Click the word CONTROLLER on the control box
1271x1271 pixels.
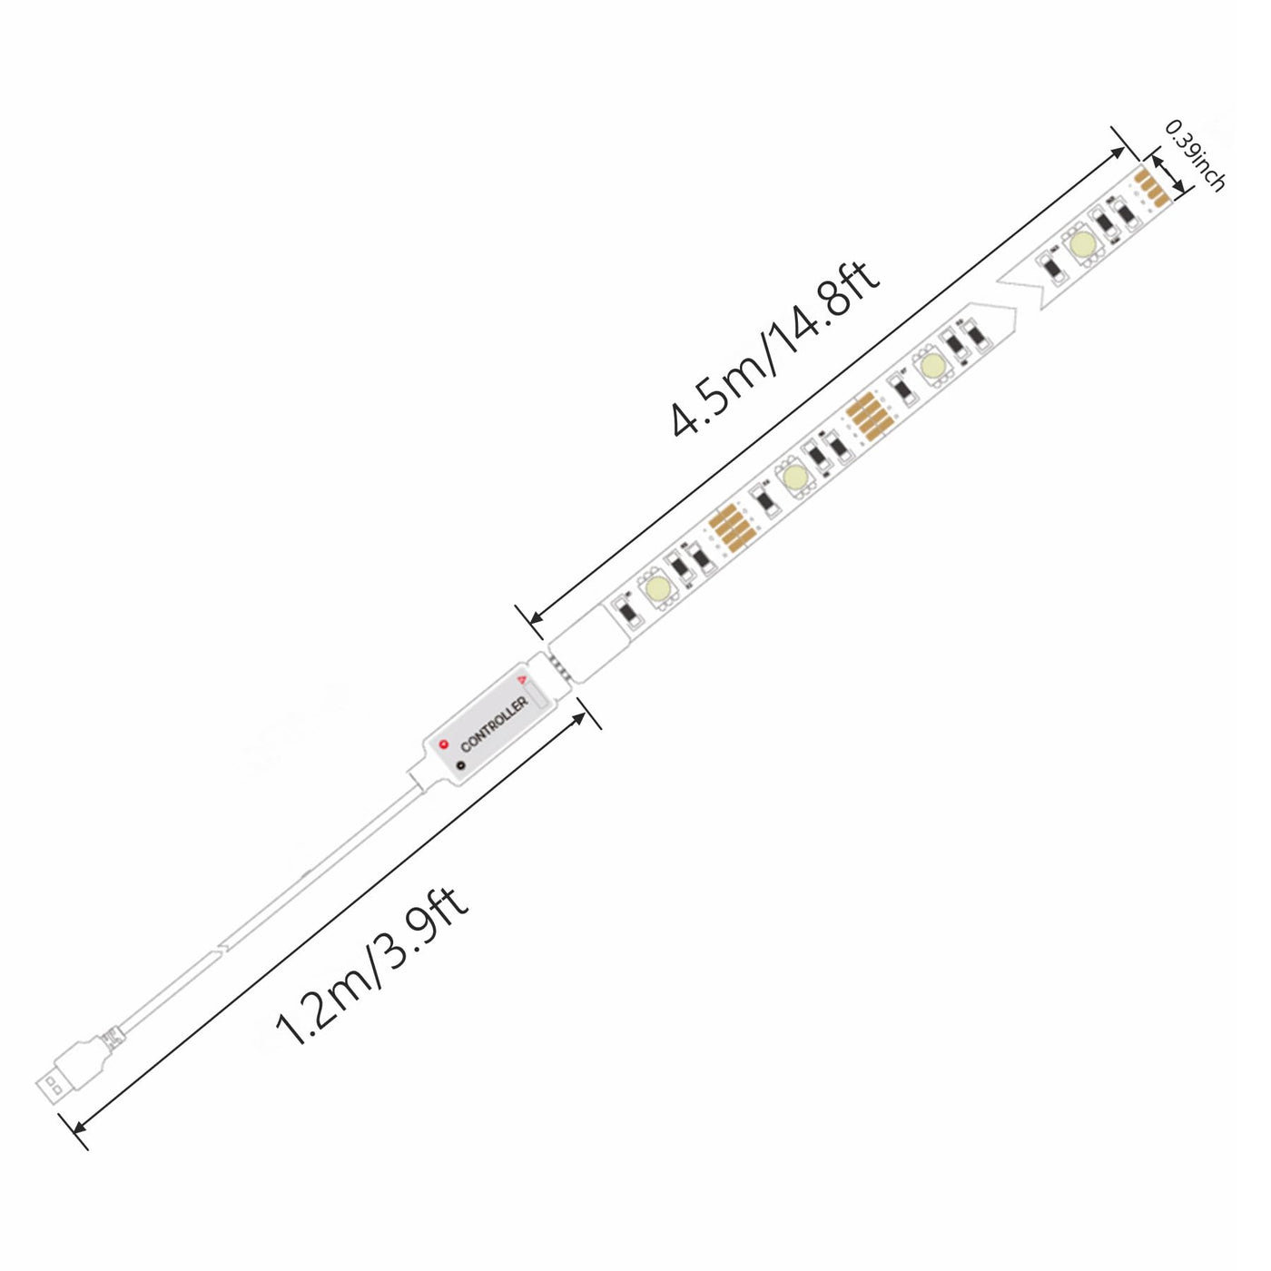pos(495,724)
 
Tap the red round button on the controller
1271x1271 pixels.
pos(444,745)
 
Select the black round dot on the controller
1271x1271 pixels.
pos(460,765)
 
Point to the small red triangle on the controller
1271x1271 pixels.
pos(522,679)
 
